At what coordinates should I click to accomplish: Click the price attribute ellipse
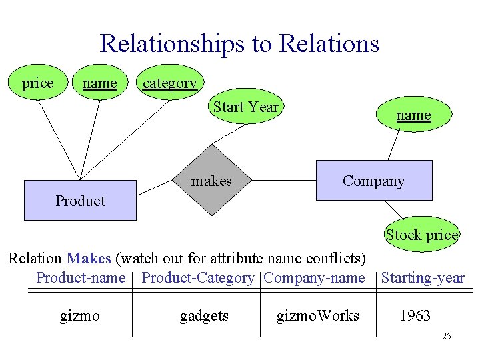(38, 83)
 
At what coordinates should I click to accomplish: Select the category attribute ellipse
(170, 83)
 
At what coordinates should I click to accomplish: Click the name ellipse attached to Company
(413, 115)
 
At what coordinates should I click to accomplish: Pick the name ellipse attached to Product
(99, 83)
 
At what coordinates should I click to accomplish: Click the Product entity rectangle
(80, 200)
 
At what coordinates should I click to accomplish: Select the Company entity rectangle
(373, 181)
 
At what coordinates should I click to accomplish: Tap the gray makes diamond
(212, 181)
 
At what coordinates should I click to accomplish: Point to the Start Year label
(246, 107)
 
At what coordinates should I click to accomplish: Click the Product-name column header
(81, 278)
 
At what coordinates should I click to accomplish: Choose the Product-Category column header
(198, 278)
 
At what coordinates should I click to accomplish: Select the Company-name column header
(314, 278)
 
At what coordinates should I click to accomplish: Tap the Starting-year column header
(423, 278)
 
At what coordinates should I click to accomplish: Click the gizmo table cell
(80, 315)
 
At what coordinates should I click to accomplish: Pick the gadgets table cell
(204, 315)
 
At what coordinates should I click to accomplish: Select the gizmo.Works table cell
(318, 315)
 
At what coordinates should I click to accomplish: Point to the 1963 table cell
(415, 315)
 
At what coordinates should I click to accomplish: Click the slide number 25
(446, 336)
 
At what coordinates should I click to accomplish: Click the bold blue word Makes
(89, 258)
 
